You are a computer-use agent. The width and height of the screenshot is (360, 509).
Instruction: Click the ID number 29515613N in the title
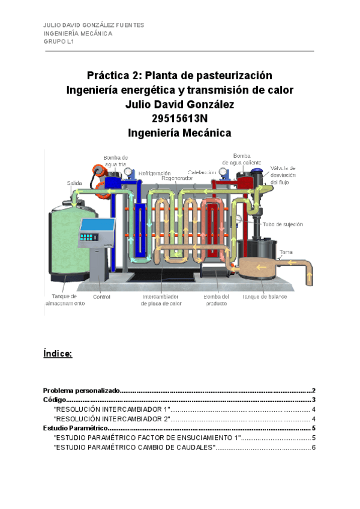(x=179, y=118)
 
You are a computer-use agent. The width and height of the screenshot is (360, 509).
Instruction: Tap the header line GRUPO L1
(x=58, y=42)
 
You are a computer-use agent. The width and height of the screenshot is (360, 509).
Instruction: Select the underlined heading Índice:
(x=58, y=354)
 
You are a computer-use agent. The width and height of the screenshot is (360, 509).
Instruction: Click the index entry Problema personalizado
(x=82, y=390)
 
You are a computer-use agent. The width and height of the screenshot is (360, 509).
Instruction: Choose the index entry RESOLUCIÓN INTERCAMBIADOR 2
(x=112, y=418)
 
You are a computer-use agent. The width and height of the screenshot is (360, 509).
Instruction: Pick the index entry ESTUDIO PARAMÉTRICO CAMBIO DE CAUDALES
(x=134, y=448)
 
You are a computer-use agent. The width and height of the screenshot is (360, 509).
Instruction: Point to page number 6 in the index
(x=313, y=448)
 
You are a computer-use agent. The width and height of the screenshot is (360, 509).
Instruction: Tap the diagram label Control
(x=101, y=297)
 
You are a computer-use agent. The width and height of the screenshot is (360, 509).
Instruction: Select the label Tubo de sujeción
(x=283, y=224)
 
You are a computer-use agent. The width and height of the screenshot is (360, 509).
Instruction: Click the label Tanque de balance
(x=265, y=297)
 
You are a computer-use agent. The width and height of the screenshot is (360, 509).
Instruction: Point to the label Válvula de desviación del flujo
(x=283, y=175)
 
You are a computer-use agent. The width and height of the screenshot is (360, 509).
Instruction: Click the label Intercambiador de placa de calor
(x=161, y=300)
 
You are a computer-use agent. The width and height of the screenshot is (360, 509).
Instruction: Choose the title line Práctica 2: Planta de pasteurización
(x=179, y=76)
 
